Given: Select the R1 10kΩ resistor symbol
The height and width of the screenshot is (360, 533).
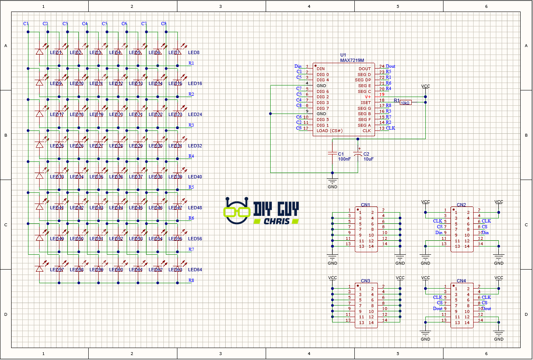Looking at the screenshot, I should pyautogui.click(x=406, y=102).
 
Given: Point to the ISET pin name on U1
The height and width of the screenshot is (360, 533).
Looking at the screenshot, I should pyautogui.click(x=366, y=103).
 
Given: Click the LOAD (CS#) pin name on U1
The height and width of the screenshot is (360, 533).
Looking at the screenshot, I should pyautogui.click(x=329, y=131).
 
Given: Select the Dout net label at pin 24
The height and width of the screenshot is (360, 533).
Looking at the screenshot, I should pyautogui.click(x=390, y=66).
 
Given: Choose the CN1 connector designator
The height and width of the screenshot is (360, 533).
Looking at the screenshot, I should pyautogui.click(x=366, y=205).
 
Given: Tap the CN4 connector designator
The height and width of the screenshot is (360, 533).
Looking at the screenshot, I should pyautogui.click(x=461, y=281).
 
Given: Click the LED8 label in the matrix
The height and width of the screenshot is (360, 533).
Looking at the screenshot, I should pyautogui.click(x=194, y=53).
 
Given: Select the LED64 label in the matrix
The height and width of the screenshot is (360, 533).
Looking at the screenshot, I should pyautogui.click(x=195, y=270).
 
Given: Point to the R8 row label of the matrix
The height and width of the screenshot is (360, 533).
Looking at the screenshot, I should pyautogui.click(x=191, y=281).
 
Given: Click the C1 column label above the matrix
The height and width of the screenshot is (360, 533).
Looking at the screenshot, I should pyautogui.click(x=26, y=24).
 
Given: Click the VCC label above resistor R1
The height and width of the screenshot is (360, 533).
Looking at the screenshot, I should pyautogui.click(x=425, y=86).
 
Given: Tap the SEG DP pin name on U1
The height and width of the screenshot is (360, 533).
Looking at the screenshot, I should pyautogui.click(x=363, y=80).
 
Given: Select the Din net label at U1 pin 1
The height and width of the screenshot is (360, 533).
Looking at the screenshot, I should pyautogui.click(x=298, y=66).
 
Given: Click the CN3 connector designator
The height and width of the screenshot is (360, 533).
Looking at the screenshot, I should pyautogui.click(x=366, y=281).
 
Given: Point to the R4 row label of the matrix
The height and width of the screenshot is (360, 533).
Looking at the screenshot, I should pyautogui.click(x=191, y=156).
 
